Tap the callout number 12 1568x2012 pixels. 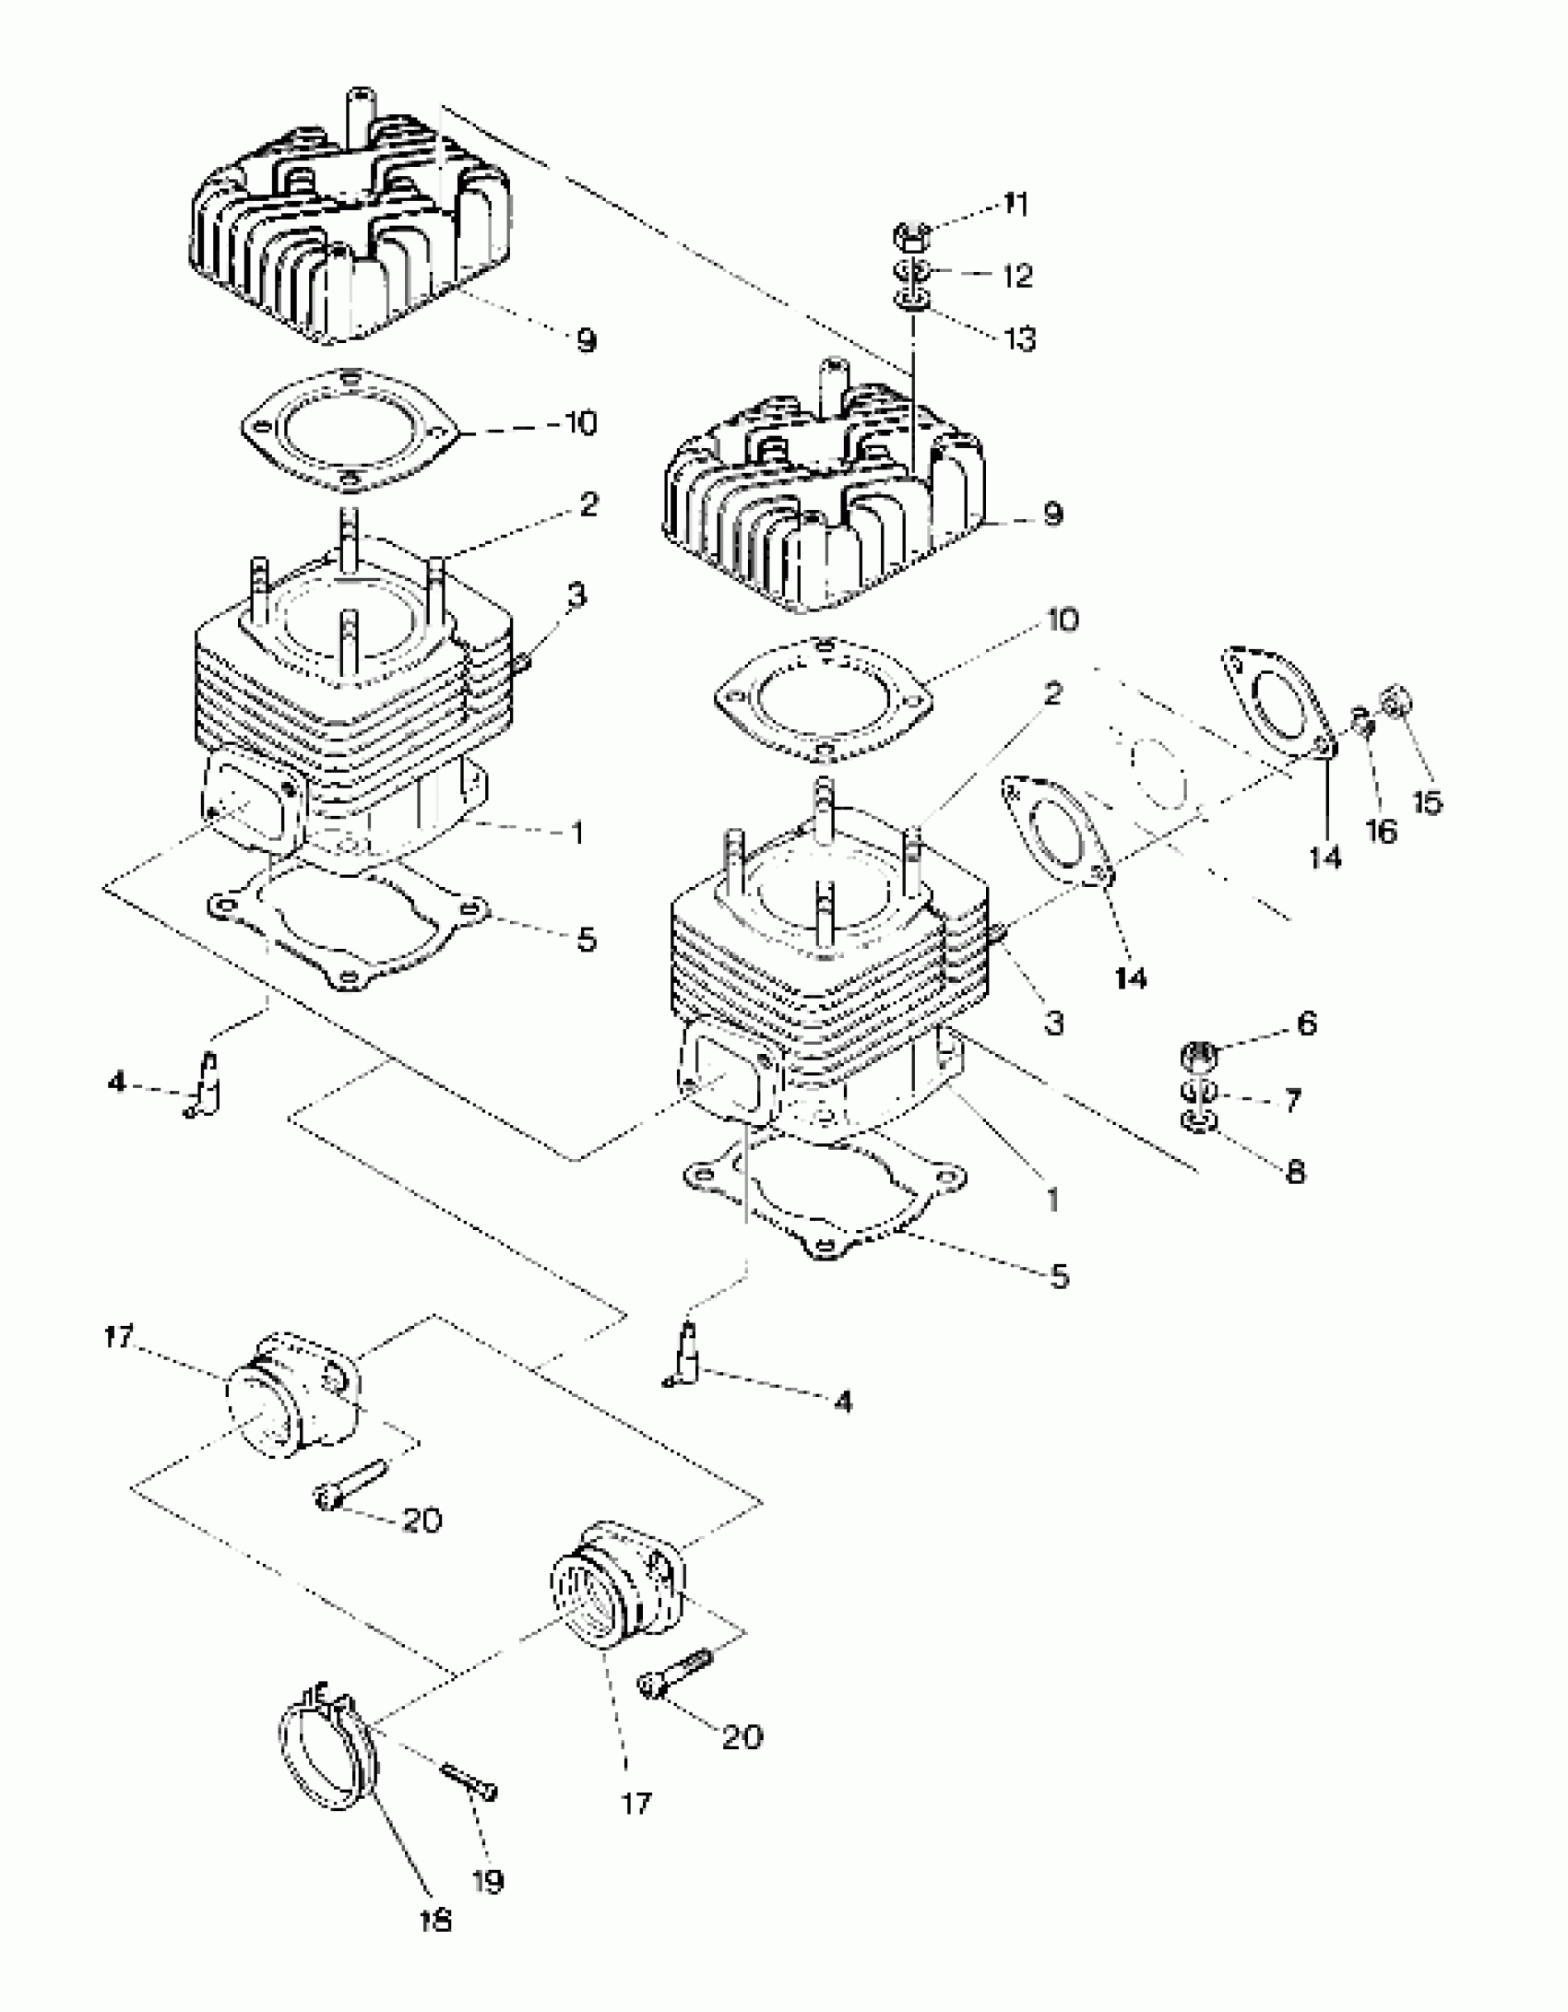coord(1017,275)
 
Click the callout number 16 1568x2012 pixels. coord(1381,831)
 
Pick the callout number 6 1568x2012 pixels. coord(1306,1024)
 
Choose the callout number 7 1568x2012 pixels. coord(1291,1099)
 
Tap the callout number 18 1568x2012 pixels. coord(435,1920)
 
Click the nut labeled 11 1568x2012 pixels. coord(910,237)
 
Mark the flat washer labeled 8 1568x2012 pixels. coord(1198,1122)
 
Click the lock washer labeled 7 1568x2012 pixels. coord(1198,1093)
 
